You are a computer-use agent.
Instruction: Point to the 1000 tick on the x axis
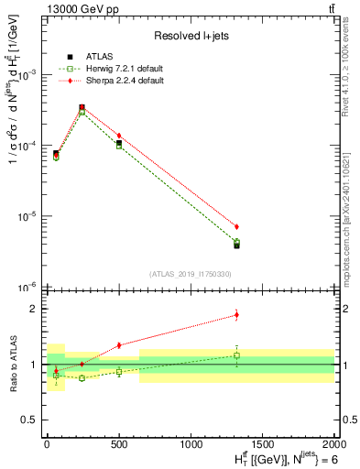pyautogui.click(x=191, y=442)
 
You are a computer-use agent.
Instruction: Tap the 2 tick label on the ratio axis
pyautogui.click(x=36, y=309)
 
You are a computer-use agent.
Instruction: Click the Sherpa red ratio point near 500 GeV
pyautogui.click(x=119, y=345)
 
